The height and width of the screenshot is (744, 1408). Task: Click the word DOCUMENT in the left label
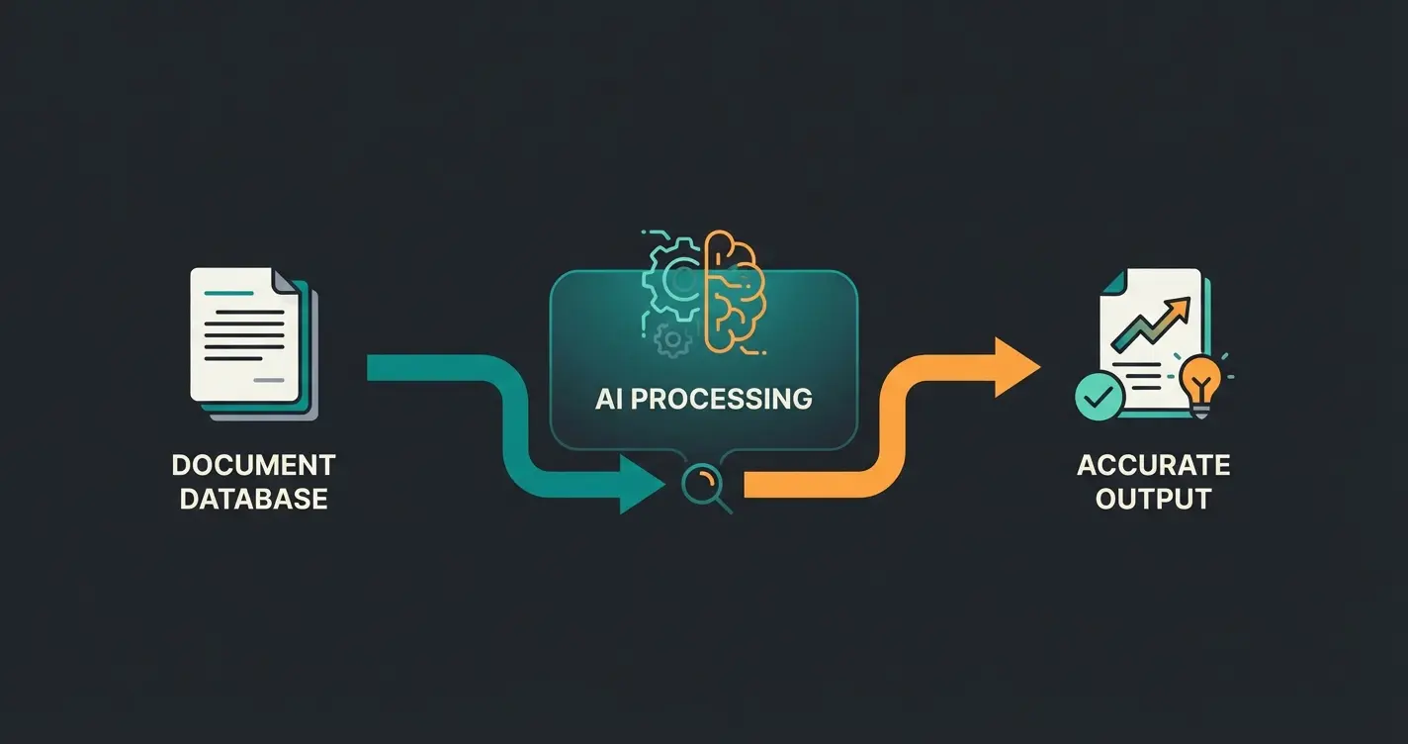[x=253, y=465]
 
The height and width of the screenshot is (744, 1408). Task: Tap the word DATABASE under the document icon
[x=253, y=499]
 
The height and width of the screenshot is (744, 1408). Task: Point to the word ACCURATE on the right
[x=1153, y=465]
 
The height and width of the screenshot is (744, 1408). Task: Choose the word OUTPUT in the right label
[x=1153, y=499]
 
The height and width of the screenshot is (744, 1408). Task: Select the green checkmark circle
[x=1098, y=399]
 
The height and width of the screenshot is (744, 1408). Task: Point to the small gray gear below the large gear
[x=673, y=339]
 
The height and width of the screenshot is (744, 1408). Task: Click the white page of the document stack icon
[x=242, y=336]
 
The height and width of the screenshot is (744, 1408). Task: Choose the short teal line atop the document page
[x=228, y=295]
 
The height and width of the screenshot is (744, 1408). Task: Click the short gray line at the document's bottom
[x=268, y=379]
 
